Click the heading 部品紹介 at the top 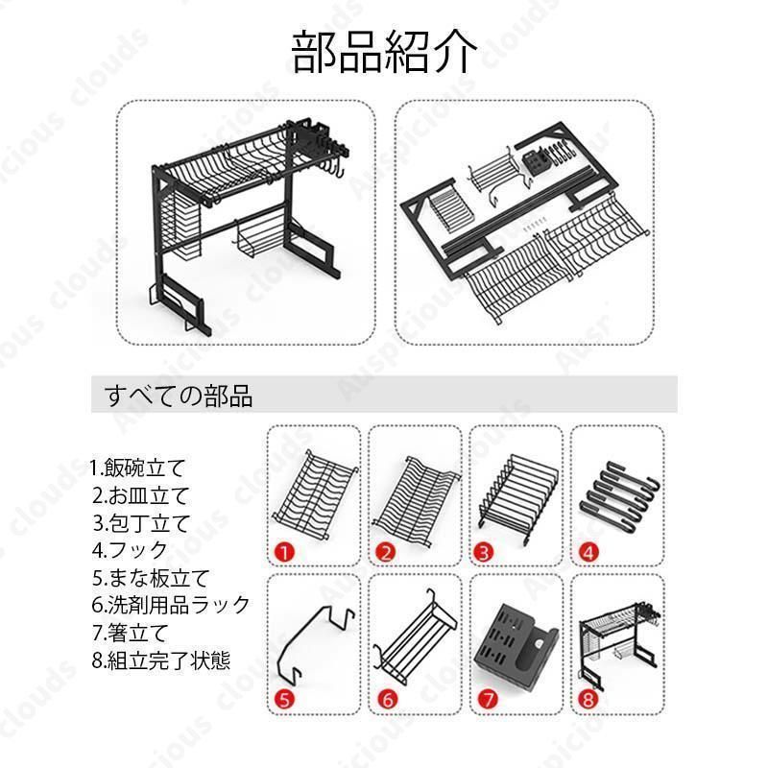(384, 52)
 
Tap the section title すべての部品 (179, 396)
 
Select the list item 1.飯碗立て (138, 468)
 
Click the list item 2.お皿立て (140, 495)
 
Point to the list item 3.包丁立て (141, 523)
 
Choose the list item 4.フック (131, 550)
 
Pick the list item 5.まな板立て (151, 578)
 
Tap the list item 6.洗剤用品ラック (171, 606)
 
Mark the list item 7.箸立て (131, 633)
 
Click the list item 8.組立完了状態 (161, 660)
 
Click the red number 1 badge (284, 553)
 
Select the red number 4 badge (588, 553)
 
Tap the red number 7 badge (488, 699)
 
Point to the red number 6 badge (387, 699)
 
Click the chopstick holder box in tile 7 (516, 645)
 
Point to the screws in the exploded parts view (533, 227)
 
